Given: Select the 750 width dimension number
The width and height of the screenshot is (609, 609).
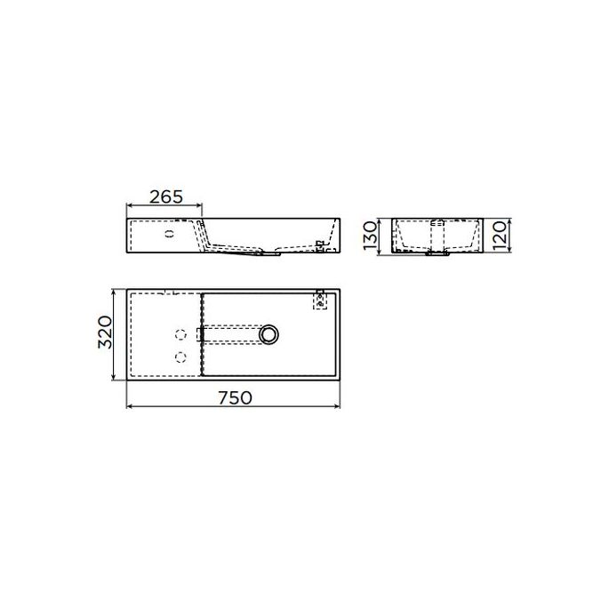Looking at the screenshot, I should tap(233, 397).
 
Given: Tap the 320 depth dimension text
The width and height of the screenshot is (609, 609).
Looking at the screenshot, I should tap(106, 333).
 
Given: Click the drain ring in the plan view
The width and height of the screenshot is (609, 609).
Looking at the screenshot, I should tap(269, 334).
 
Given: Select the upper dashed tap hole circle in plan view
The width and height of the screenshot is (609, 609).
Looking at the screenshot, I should tap(180, 335).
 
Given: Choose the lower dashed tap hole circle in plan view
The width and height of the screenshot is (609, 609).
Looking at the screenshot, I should tap(180, 357).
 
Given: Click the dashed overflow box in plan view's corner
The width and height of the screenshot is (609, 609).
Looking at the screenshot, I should tap(321, 300).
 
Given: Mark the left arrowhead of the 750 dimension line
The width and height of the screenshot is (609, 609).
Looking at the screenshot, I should tap(130, 408).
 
